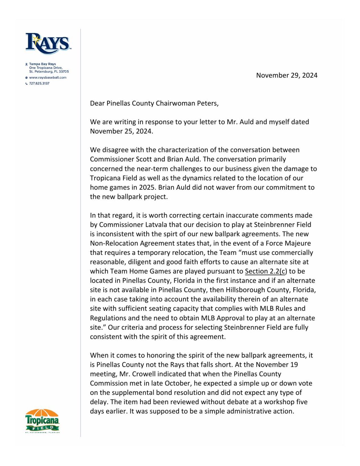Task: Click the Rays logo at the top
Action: pos(48,43)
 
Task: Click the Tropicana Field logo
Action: pos(42,420)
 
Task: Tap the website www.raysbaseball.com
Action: pos(48,77)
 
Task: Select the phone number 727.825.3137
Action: pos(39,83)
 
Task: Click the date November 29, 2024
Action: pos(287,75)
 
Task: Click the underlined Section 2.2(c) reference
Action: pos(265,271)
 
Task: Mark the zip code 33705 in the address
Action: pos(64,71)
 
